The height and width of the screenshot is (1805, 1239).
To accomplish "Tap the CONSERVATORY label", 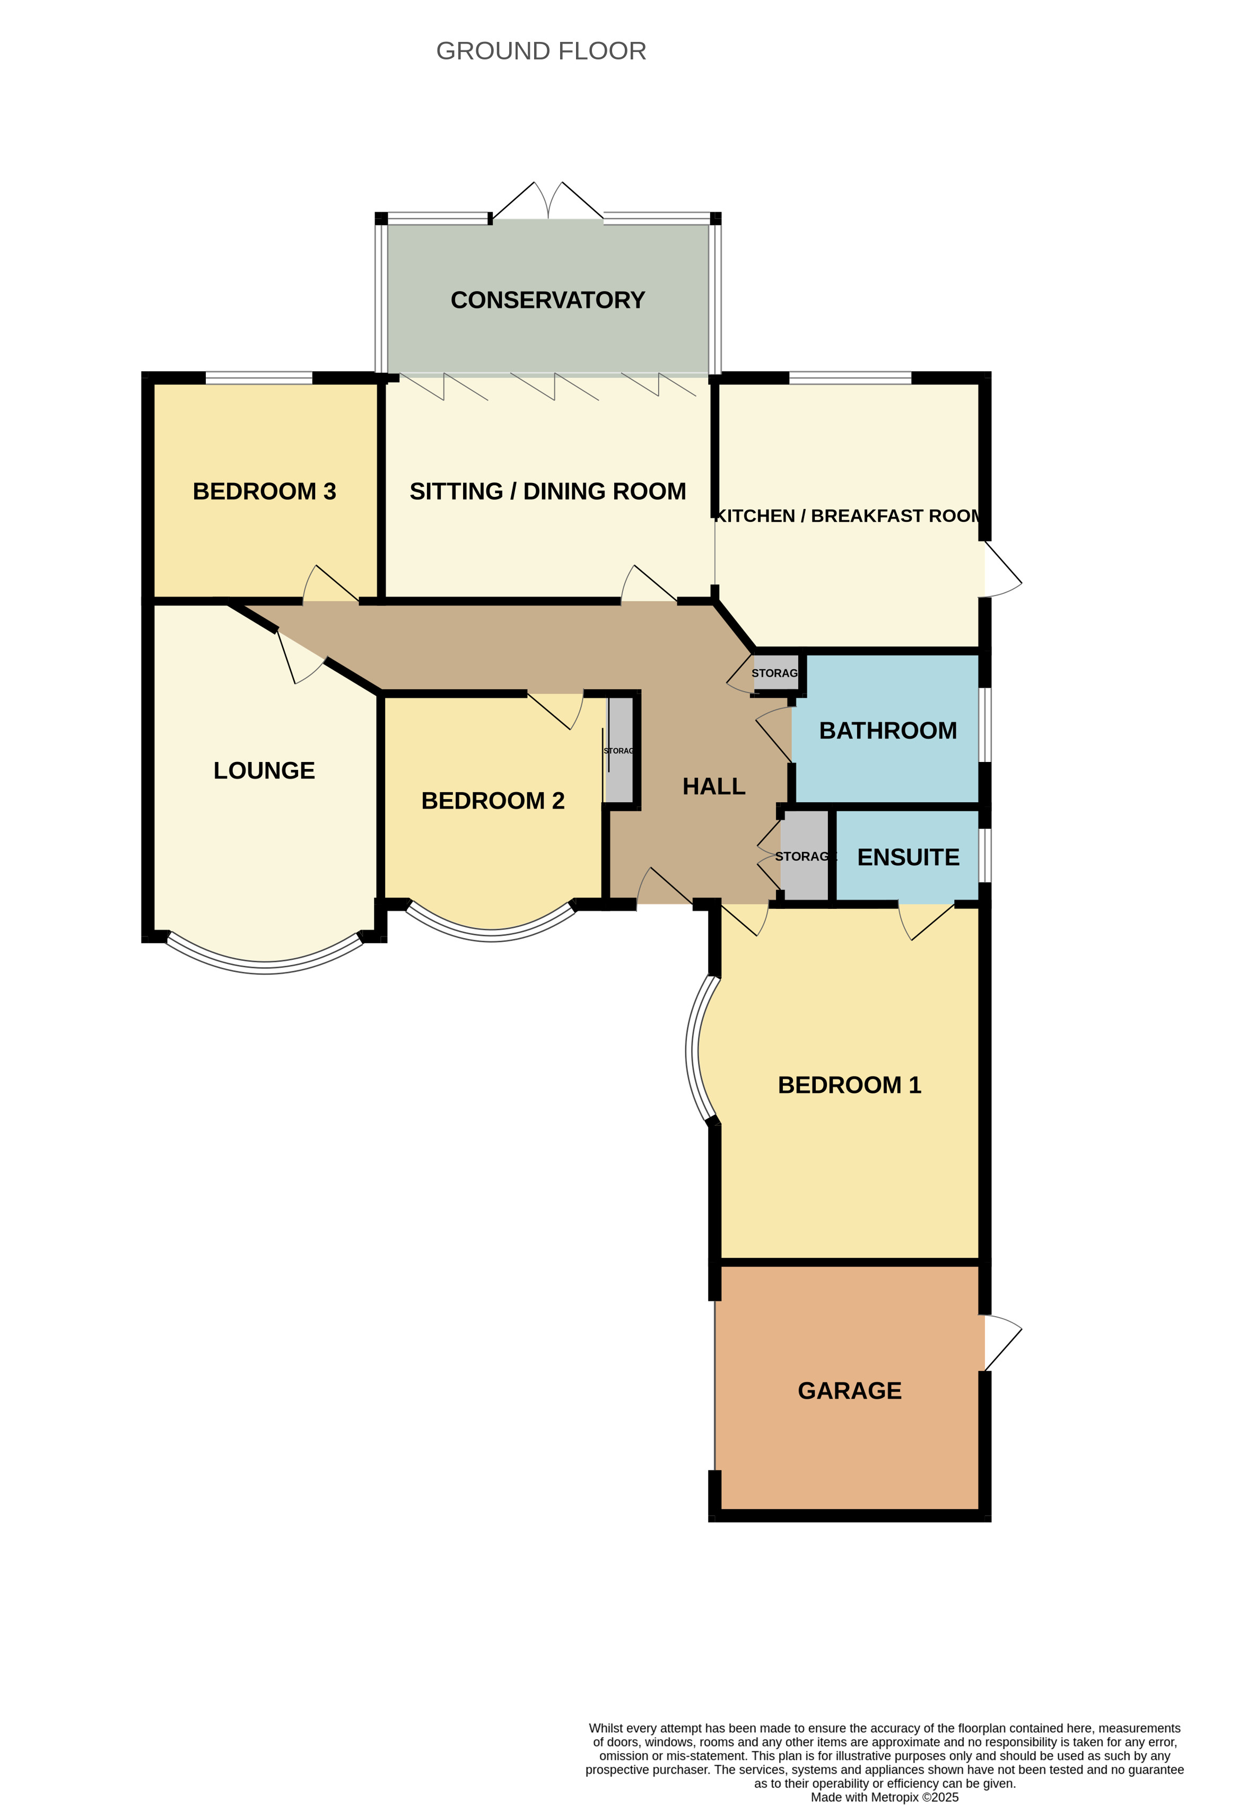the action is point(548,301).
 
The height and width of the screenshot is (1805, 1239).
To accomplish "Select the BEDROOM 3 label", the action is point(264,492).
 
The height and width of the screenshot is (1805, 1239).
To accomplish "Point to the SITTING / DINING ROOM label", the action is point(548,492).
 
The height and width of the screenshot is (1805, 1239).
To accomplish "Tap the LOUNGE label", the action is point(264,770).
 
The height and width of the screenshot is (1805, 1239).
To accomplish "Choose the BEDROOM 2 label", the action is point(493,801).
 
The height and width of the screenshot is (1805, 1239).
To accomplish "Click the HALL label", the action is point(714,787).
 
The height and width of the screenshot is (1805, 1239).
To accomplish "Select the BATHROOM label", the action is point(888,731).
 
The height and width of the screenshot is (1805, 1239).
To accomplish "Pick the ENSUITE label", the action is point(908,857).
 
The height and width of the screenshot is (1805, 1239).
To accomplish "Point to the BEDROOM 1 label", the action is point(849,1085).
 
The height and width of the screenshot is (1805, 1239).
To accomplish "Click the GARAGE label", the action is point(849,1390).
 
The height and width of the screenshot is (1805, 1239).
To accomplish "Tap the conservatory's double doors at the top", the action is point(548,201).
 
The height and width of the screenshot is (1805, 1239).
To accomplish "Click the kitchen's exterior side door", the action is point(1002,569).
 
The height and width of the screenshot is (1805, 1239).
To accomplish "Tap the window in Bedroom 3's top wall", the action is point(259,378).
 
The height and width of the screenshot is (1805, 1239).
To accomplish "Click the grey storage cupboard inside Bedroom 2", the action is point(620,750).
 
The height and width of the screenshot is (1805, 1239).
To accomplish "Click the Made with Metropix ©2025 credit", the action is point(884,1797).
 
